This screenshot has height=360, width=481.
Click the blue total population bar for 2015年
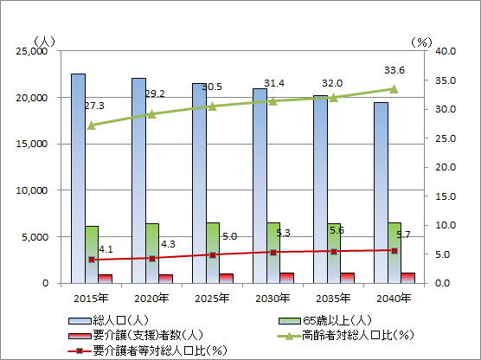coord(78,178)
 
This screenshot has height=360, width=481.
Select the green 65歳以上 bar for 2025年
coord(213,253)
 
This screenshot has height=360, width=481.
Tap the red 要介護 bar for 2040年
coord(407,278)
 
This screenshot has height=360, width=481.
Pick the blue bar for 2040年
coord(381,193)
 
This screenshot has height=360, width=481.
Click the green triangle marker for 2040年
coord(394,89)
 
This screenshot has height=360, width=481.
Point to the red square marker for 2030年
coord(273,253)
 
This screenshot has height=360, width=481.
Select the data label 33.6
coord(394,70)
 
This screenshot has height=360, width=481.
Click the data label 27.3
coord(94,106)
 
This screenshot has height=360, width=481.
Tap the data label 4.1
coord(106,249)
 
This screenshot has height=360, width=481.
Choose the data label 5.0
coord(230,236)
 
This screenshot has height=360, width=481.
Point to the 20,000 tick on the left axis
coord(32,98)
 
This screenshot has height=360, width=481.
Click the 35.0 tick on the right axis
coord(446,80)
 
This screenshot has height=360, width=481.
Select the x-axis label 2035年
coord(333,299)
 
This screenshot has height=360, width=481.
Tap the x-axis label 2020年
coord(151,299)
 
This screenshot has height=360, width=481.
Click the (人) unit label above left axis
coord(44,42)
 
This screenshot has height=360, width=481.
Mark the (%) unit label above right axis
coord(421,42)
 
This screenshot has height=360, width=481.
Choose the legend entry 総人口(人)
coord(108,321)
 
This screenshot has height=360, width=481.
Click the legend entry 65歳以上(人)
coord(325,321)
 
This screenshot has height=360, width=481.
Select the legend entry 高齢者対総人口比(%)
coord(345,335)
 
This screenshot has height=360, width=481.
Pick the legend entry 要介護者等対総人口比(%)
coord(148,350)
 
